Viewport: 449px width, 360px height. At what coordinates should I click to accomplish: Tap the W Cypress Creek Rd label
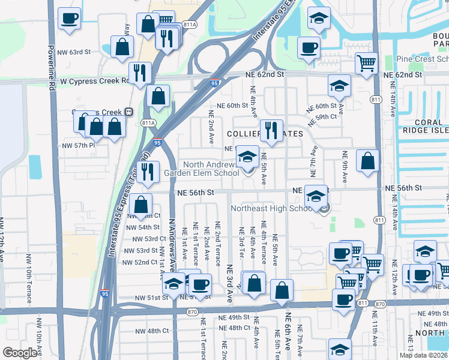tap(95, 80)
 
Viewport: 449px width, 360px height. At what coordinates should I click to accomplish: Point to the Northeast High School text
tap(272, 208)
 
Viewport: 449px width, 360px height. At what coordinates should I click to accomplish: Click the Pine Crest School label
tap(423, 59)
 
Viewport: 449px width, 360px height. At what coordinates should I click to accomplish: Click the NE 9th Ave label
tap(344, 167)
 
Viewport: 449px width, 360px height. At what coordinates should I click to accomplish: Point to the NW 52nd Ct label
tap(139, 262)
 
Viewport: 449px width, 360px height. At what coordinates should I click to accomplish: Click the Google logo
tap(20, 353)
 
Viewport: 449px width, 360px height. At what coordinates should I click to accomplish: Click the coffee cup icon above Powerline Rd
tap(69, 18)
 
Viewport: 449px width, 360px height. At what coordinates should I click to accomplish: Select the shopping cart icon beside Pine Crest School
tap(366, 62)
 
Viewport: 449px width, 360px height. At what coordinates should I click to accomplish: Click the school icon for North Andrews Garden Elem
tap(247, 157)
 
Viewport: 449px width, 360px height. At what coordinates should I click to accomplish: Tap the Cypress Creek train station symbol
tap(128, 112)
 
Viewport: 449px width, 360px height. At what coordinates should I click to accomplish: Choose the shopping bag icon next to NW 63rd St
tap(122, 47)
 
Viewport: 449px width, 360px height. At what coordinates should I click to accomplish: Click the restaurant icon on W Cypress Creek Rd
tap(139, 73)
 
